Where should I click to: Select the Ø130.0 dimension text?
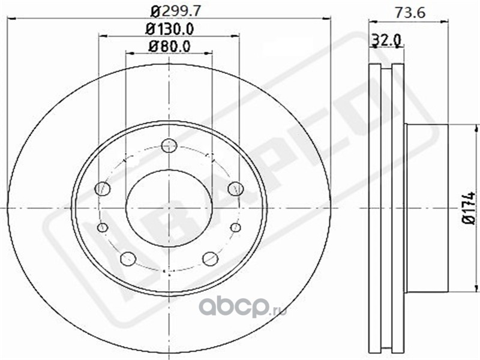(x=169, y=29)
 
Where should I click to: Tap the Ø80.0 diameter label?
(x=169, y=47)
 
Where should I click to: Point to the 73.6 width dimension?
(x=410, y=13)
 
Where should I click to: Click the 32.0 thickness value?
(x=386, y=40)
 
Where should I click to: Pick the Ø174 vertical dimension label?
(x=469, y=208)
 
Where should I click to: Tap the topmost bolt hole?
(x=169, y=145)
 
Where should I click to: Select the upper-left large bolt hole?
(x=103, y=188)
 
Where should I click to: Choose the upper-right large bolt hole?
(x=235, y=188)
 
